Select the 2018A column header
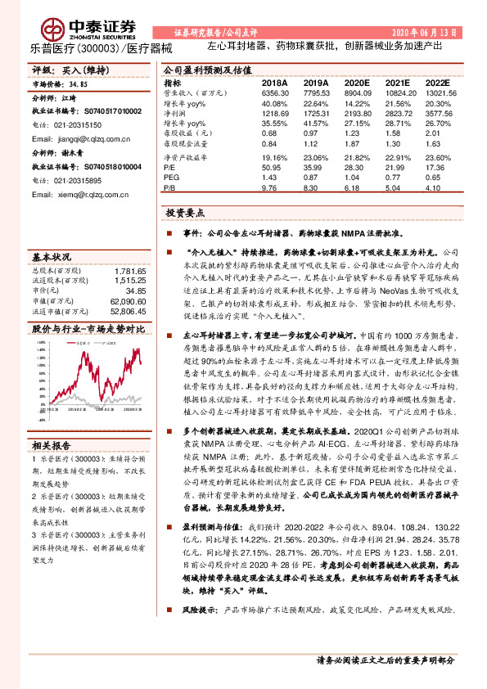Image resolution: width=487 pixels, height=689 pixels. tap(273, 83)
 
